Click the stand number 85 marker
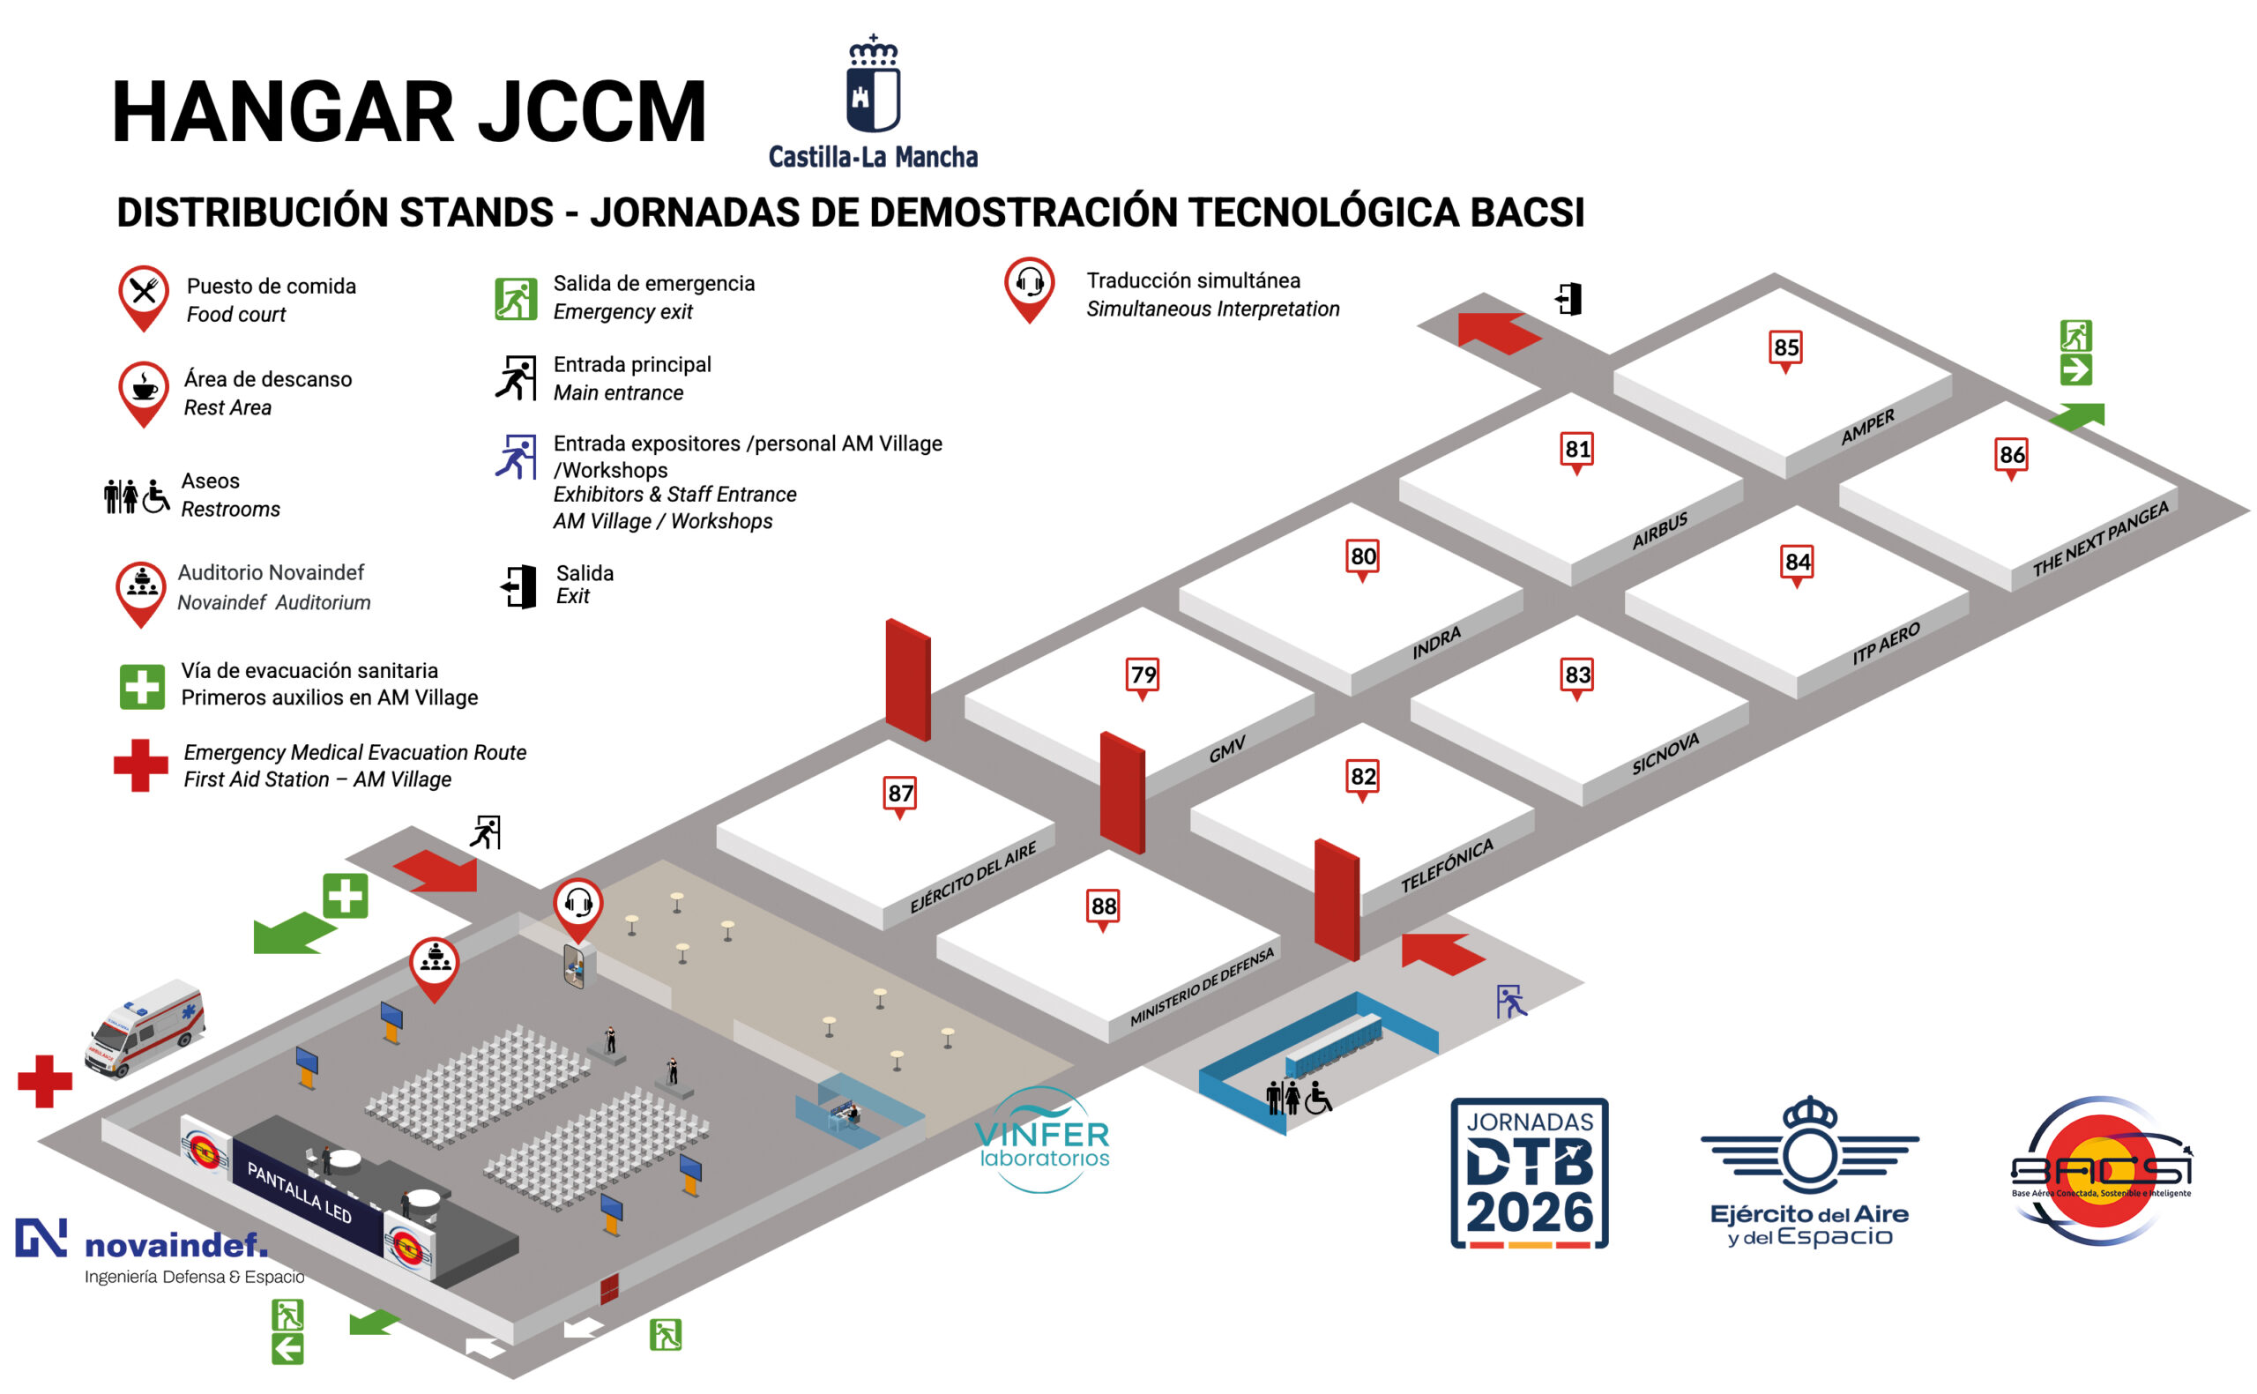[1785, 348]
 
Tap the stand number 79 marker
[1143, 675]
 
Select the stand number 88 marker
[1103, 907]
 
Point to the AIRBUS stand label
[1659, 531]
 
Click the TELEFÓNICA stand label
[1446, 867]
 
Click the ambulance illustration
[145, 1027]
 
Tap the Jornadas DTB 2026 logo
[1529, 1173]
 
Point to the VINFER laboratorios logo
[1043, 1140]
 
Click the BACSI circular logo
[2099, 1171]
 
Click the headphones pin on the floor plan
[577, 906]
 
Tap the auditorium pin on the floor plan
[434, 965]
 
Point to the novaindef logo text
[175, 1246]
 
